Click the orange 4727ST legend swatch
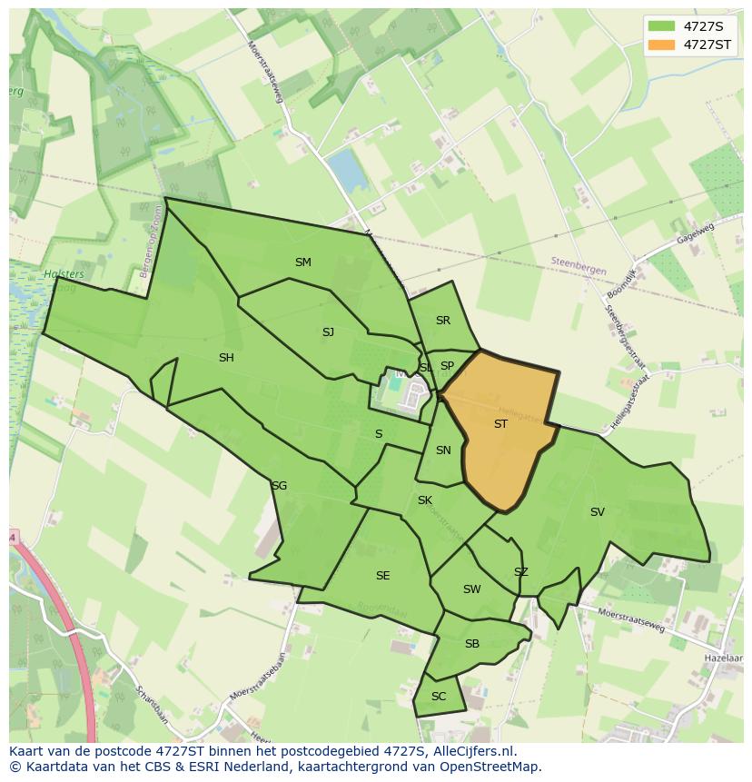click(663, 45)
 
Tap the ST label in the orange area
click(500, 424)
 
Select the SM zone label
click(303, 262)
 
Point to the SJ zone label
click(328, 332)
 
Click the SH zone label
click(226, 358)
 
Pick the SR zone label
click(443, 321)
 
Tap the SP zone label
click(447, 366)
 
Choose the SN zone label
click(443, 450)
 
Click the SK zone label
click(425, 500)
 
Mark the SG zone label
click(279, 486)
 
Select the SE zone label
click(382, 576)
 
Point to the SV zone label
click(597, 512)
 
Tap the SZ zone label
click(520, 572)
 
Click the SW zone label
click(471, 589)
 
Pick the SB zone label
click(471, 644)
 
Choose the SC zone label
click(439, 697)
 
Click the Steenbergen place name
click(578, 262)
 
